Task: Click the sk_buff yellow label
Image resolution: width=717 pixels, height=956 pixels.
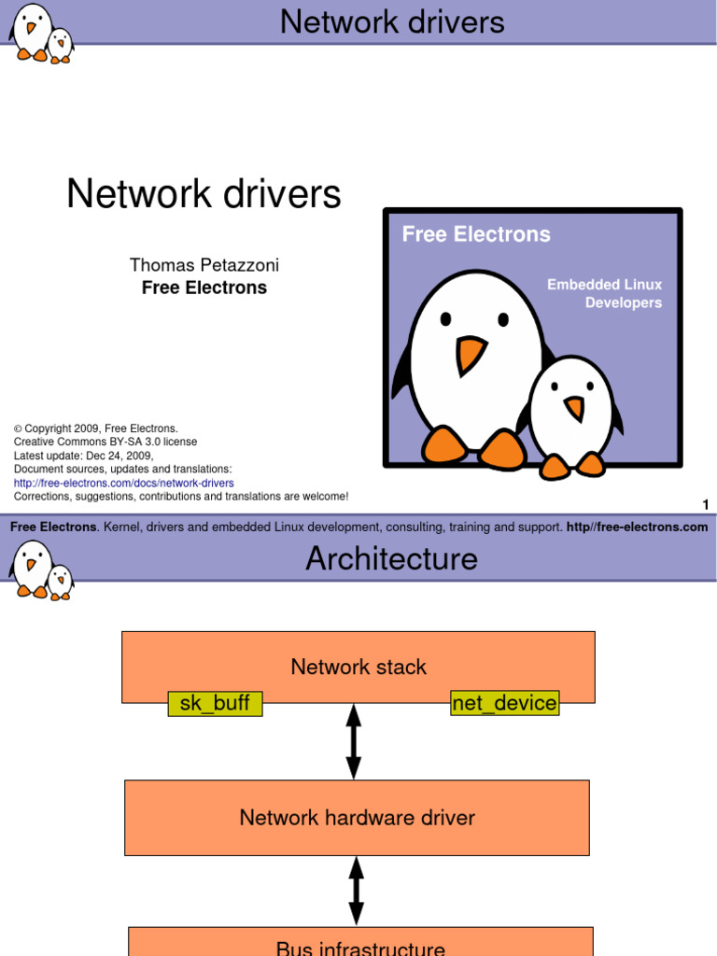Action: pyautogui.click(x=215, y=703)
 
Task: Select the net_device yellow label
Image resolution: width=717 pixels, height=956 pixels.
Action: pyautogui.click(x=504, y=703)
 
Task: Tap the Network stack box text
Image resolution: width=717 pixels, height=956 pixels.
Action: pyautogui.click(x=358, y=667)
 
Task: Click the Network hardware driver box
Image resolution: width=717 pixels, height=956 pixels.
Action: pyautogui.click(x=357, y=818)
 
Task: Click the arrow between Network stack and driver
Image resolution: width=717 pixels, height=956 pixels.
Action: pyautogui.click(x=354, y=742)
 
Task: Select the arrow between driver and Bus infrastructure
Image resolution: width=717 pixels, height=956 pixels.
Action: pyautogui.click(x=356, y=891)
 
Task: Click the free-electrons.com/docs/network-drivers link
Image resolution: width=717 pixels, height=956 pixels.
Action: pyautogui.click(x=123, y=483)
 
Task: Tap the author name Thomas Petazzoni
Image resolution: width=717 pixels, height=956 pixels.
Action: pyautogui.click(x=204, y=265)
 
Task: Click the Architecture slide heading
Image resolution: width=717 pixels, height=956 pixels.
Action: pyautogui.click(x=391, y=558)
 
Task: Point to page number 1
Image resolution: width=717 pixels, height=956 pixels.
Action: pyautogui.click(x=706, y=505)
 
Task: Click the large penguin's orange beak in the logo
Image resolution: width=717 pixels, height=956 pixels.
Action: pyautogui.click(x=471, y=354)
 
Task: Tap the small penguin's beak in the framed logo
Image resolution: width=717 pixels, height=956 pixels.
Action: pyautogui.click(x=574, y=408)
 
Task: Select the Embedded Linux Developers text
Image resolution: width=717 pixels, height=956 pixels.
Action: pyautogui.click(x=605, y=293)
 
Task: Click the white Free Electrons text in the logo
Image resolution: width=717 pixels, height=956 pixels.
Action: pyautogui.click(x=476, y=234)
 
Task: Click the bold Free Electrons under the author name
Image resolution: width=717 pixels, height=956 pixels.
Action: pyautogui.click(x=204, y=288)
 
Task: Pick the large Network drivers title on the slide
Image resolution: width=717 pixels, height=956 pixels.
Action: pyautogui.click(x=204, y=194)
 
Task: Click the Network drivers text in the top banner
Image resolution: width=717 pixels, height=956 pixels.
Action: pyautogui.click(x=392, y=21)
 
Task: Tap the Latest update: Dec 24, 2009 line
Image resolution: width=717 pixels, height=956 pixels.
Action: pyautogui.click(x=83, y=456)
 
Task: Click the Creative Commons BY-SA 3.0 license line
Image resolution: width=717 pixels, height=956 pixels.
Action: pyautogui.click(x=105, y=442)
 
